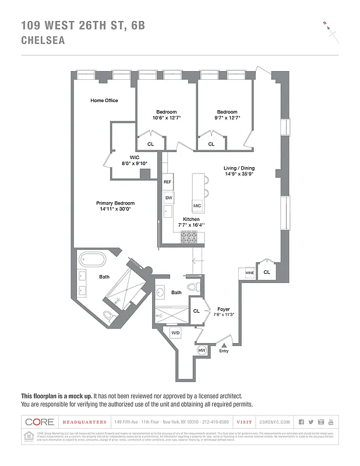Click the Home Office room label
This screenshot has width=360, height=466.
[x=104, y=100]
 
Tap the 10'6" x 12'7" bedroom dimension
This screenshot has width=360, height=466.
[x=166, y=118]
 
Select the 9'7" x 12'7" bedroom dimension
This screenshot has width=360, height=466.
[x=227, y=118]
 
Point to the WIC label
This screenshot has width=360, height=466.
[x=134, y=157]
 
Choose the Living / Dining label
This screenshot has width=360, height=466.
[x=239, y=168]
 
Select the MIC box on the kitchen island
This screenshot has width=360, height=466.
[x=197, y=206]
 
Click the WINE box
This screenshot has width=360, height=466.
[x=249, y=272]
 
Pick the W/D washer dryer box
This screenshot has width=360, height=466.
[x=175, y=332]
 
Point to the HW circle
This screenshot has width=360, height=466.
[x=202, y=350]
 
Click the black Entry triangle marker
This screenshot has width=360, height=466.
[x=224, y=345]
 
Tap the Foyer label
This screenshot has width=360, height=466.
[x=224, y=309]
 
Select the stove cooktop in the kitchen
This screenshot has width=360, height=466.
[x=189, y=236]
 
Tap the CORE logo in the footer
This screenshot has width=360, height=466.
[x=40, y=422]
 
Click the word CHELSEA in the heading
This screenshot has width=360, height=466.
[x=43, y=41]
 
